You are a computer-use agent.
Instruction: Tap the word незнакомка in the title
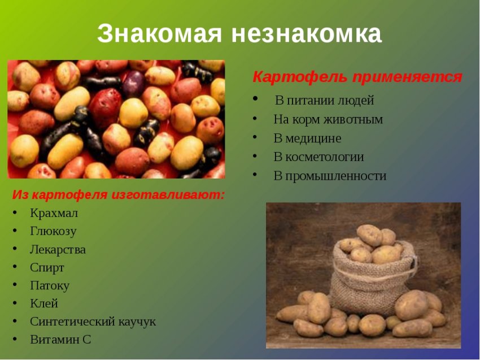[x=306, y=34]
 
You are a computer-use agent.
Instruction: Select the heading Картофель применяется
[x=357, y=77]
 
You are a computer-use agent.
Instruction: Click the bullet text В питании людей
[x=324, y=101]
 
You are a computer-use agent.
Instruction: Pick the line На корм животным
[x=328, y=119]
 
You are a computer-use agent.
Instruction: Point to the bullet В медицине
[x=307, y=138]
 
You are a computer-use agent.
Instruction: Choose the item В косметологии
[x=318, y=157]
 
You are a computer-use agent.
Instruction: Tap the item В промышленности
[x=330, y=176]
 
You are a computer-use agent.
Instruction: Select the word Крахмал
[x=54, y=213]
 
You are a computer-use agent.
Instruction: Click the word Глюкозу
[x=53, y=231]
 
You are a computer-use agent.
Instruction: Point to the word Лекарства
[x=58, y=249]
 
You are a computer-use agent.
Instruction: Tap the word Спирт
[x=47, y=267]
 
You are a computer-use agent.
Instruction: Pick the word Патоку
[x=50, y=285]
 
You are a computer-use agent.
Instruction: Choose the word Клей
[x=44, y=303]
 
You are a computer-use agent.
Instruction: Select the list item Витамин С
[x=60, y=340]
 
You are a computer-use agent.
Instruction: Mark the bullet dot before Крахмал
[x=15, y=214]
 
